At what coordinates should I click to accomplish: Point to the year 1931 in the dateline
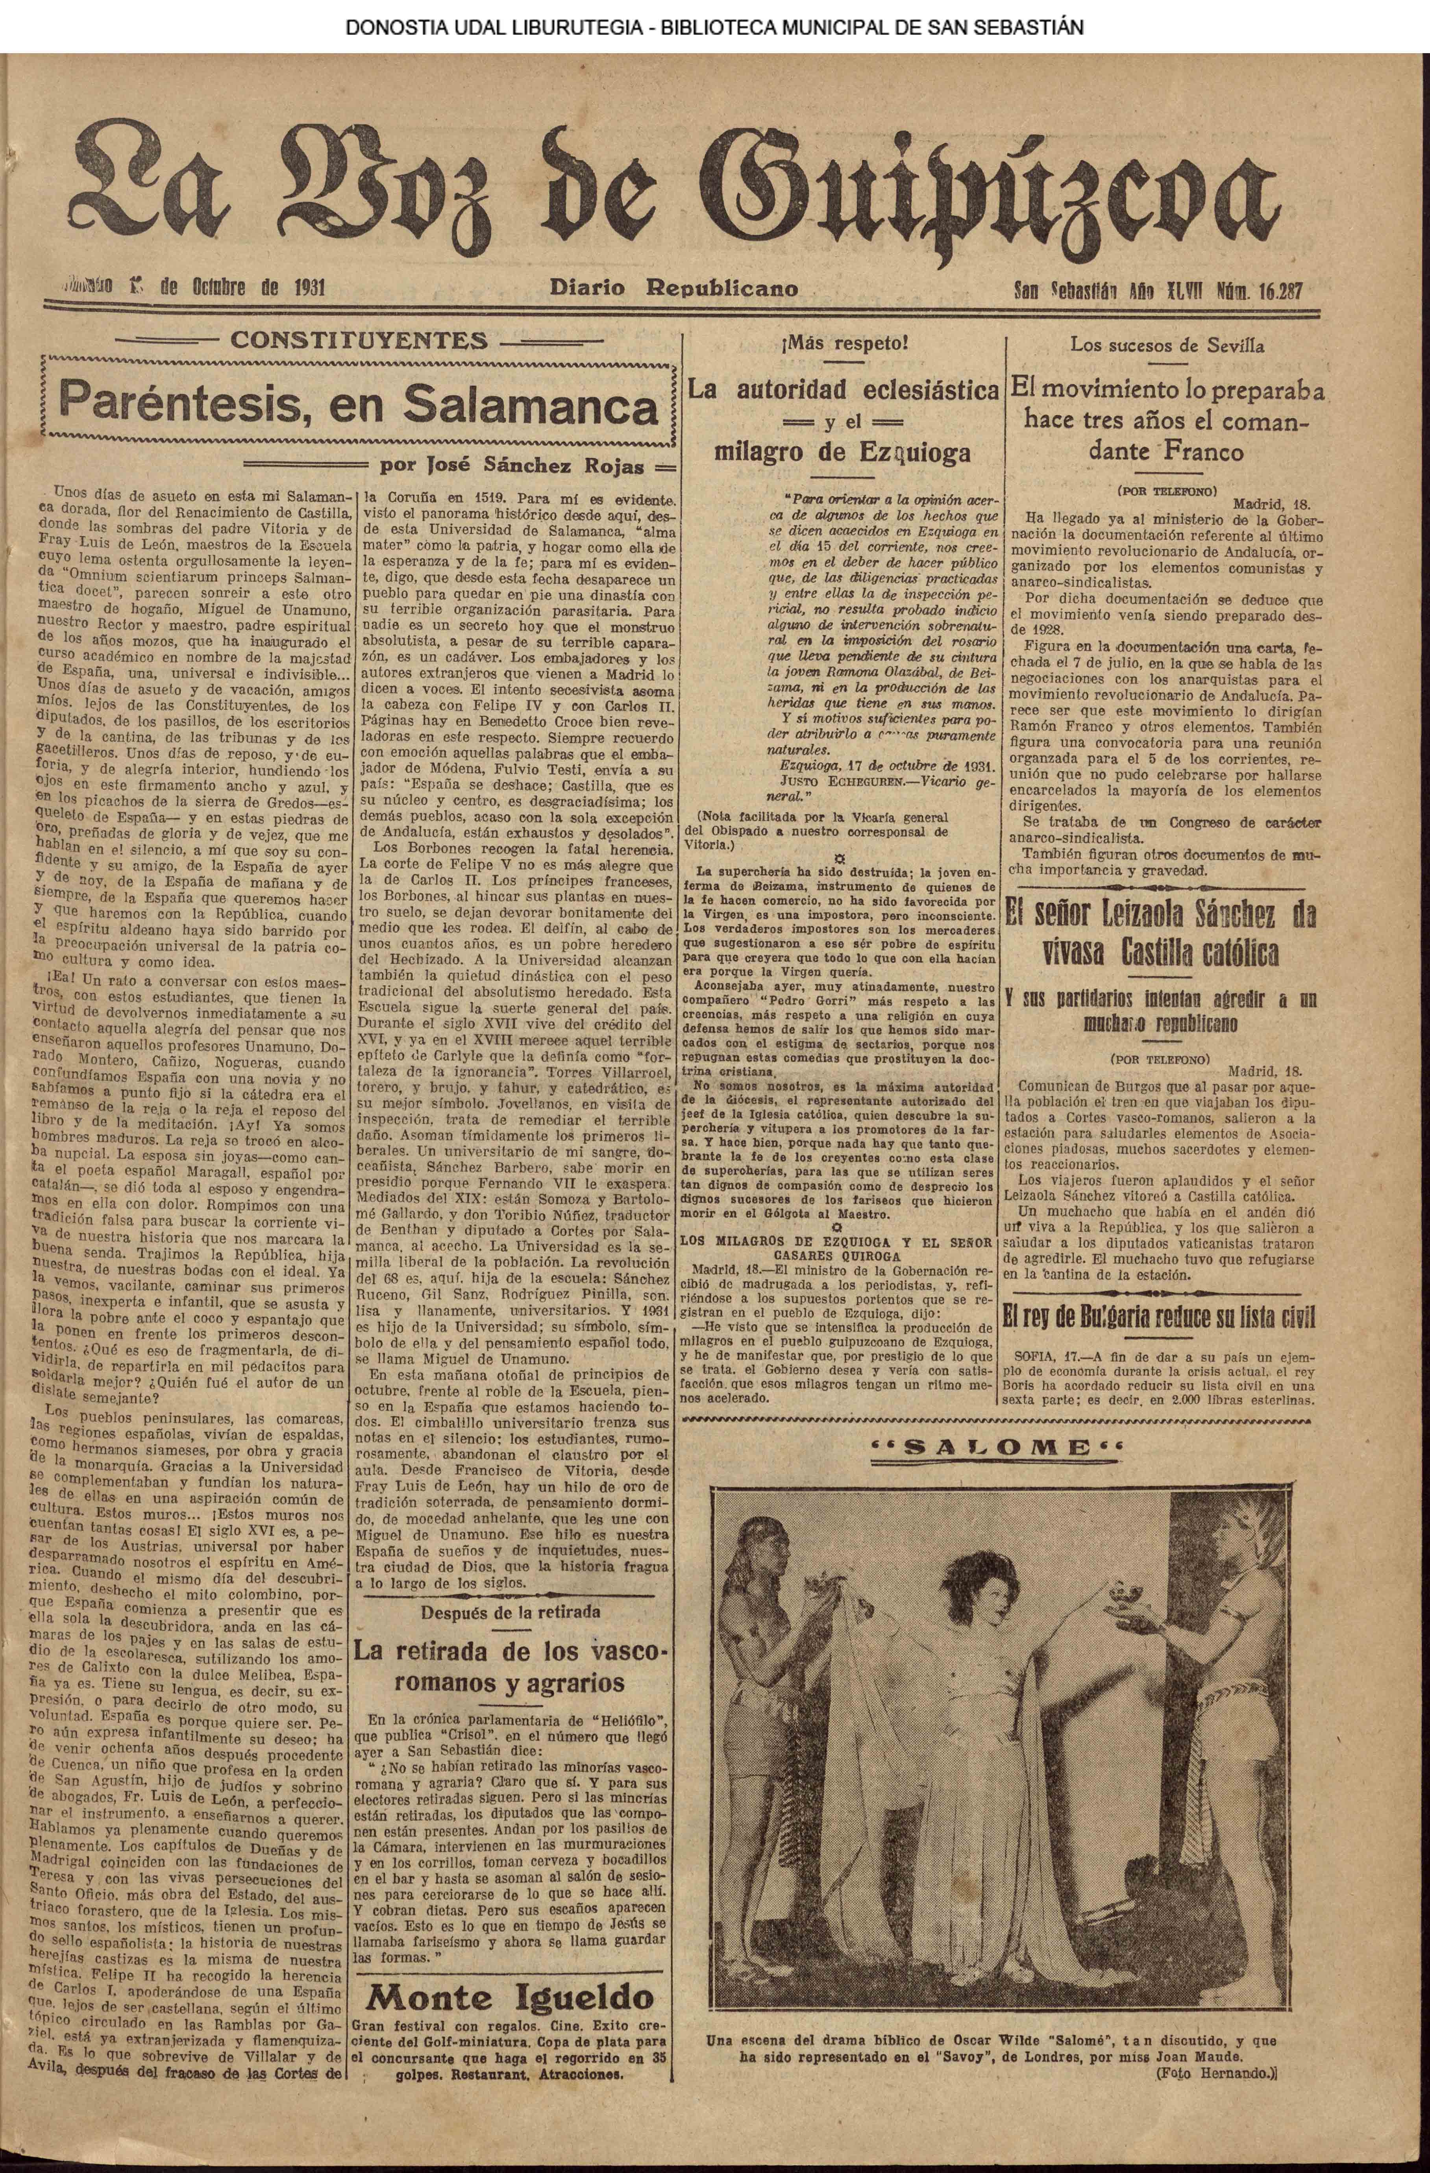(x=298, y=289)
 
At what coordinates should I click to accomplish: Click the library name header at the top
(x=714, y=28)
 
